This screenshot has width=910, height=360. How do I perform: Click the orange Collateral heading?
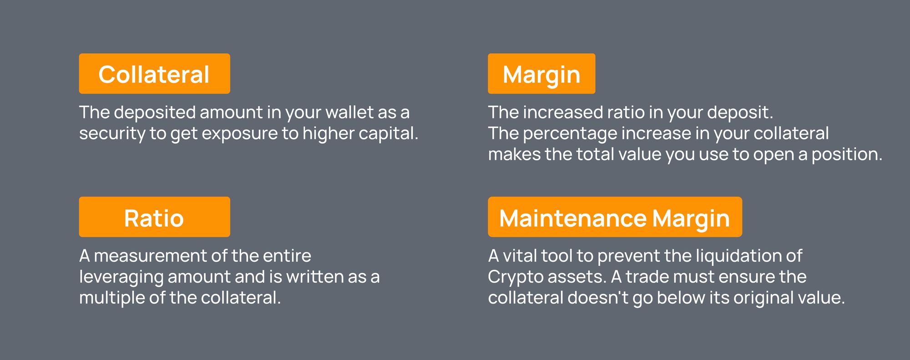(154, 74)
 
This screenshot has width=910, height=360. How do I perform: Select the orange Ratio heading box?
(154, 217)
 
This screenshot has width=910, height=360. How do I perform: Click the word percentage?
(570, 134)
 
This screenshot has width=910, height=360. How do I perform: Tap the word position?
(847, 155)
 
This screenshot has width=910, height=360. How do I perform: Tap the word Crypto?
(514, 277)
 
